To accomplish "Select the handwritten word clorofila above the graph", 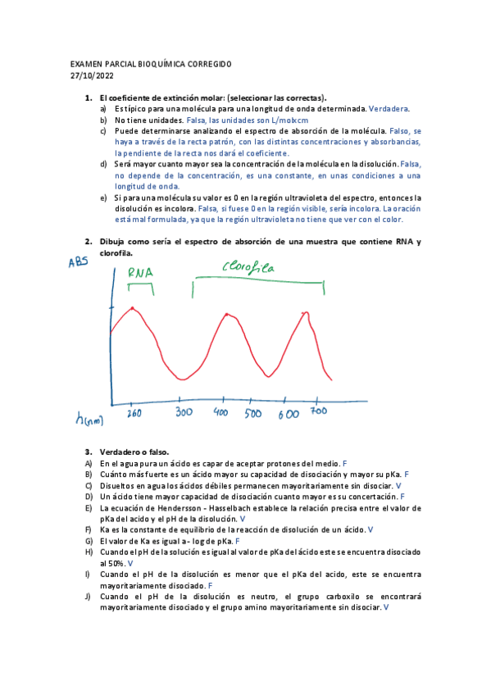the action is (x=249, y=266).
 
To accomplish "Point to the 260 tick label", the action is (x=134, y=414).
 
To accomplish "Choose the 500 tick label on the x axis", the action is (x=252, y=414).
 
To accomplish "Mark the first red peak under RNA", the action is (x=133, y=308).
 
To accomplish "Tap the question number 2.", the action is (x=89, y=242).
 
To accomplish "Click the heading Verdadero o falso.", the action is (x=134, y=452).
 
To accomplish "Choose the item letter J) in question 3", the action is (x=89, y=597).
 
